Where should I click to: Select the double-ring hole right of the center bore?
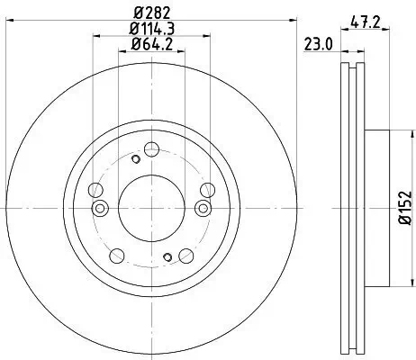pos(202,208)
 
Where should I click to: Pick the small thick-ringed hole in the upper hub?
pos(135,159)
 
